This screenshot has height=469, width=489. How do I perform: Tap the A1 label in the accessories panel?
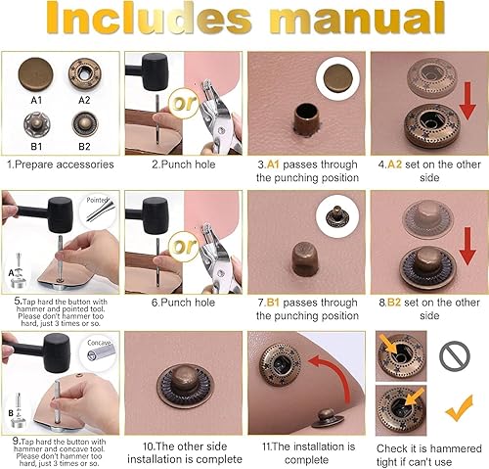click(36, 100)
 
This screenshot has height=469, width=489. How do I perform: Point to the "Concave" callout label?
click(98, 343)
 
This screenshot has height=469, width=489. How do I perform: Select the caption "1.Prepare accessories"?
click(61, 165)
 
